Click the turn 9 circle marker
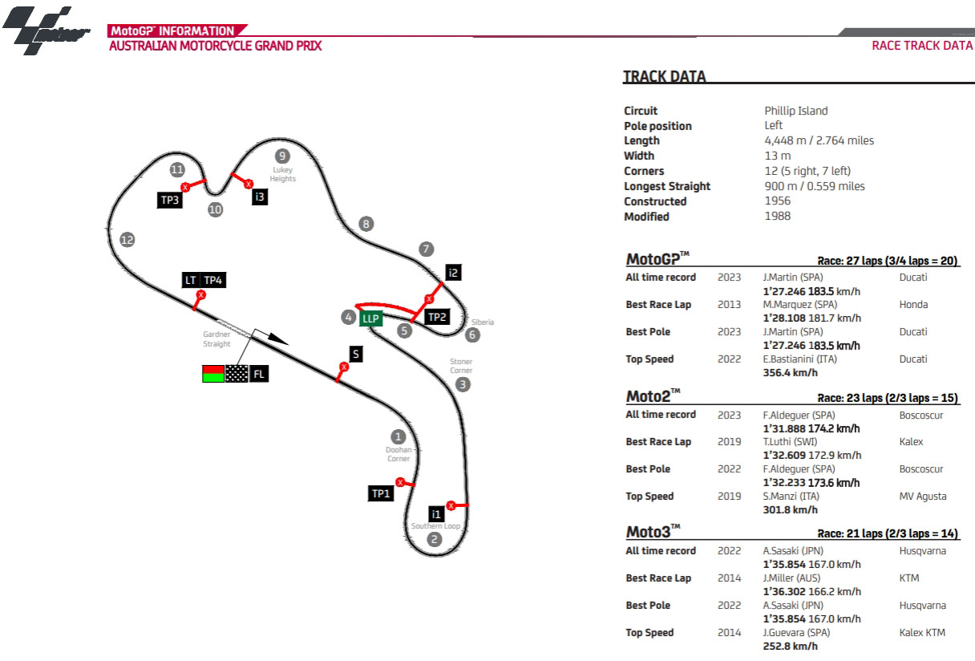tap(281, 156)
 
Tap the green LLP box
tap(370, 318)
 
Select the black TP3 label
tap(169, 201)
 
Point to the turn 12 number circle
tap(127, 239)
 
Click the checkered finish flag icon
tap(237, 373)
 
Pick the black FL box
tap(258, 373)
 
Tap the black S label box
tap(355, 354)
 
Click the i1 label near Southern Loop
tap(435, 513)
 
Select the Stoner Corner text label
tap(461, 366)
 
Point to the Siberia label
tap(483, 322)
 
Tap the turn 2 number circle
tap(435, 539)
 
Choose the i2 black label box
tap(454, 273)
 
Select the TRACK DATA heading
tap(665, 77)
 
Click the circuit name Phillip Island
tap(795, 111)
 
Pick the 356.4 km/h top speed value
tap(791, 372)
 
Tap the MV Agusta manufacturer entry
tap(923, 496)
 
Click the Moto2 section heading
tap(653, 396)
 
